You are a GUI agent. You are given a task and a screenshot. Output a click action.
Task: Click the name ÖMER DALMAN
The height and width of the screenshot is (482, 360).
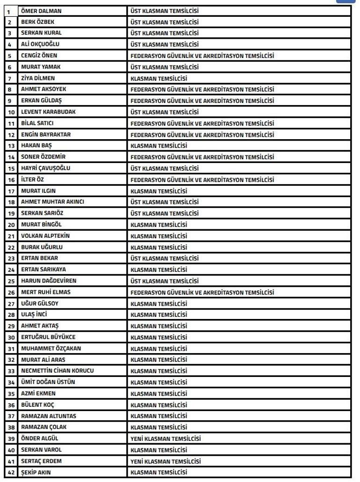(41, 11)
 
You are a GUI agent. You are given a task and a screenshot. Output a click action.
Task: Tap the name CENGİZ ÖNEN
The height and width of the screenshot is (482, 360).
(39, 56)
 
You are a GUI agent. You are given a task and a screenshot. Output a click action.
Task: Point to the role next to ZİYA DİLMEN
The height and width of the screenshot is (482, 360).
(158, 78)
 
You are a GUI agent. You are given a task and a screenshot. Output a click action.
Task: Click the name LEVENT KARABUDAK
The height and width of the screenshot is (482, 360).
(48, 112)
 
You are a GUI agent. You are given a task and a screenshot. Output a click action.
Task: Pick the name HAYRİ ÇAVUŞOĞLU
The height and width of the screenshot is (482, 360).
(46, 168)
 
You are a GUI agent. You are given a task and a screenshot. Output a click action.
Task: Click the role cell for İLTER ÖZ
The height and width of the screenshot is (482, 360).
(202, 180)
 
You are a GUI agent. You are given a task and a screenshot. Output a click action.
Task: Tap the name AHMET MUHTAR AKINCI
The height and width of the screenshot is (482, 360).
(52, 202)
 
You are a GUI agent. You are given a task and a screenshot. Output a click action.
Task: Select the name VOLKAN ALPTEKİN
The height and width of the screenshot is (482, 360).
(45, 236)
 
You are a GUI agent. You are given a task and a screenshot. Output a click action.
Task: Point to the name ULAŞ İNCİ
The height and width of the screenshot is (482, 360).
(34, 315)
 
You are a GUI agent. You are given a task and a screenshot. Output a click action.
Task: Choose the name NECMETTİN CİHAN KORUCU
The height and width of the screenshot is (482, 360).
(58, 371)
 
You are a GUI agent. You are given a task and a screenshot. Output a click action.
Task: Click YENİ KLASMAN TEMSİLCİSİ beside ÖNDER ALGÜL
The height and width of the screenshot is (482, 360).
(166, 439)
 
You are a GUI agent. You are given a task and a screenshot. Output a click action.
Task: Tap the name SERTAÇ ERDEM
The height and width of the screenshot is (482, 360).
(41, 461)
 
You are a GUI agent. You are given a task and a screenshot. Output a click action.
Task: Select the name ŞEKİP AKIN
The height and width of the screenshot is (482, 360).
(36, 473)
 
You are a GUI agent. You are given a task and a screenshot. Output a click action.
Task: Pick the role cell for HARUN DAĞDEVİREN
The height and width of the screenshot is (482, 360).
(164, 281)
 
